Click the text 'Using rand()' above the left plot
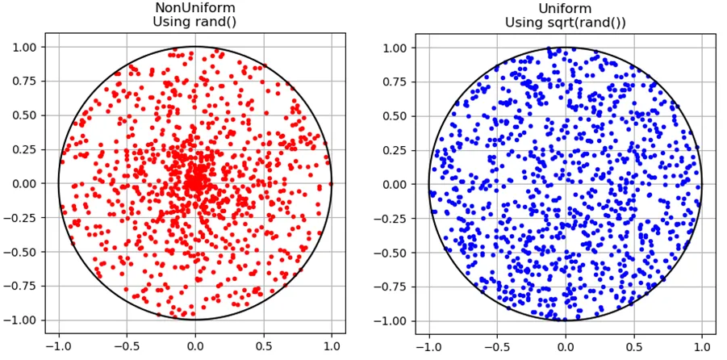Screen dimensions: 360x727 click(194, 22)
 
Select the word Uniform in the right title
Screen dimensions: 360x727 click(565, 8)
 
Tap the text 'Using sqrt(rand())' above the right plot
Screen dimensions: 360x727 click(565, 23)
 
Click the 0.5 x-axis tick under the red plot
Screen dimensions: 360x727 click(263, 346)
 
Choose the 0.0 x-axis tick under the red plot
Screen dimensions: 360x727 click(194, 346)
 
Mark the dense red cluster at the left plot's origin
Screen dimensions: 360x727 click(194, 182)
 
